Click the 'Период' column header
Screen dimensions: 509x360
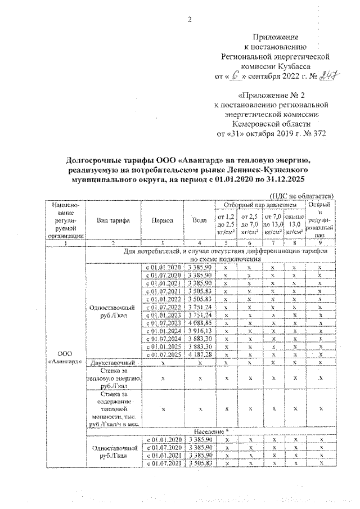tap(163, 221)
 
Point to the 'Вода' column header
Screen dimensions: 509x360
tap(199, 221)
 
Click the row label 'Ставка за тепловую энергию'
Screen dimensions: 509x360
tap(112, 379)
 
